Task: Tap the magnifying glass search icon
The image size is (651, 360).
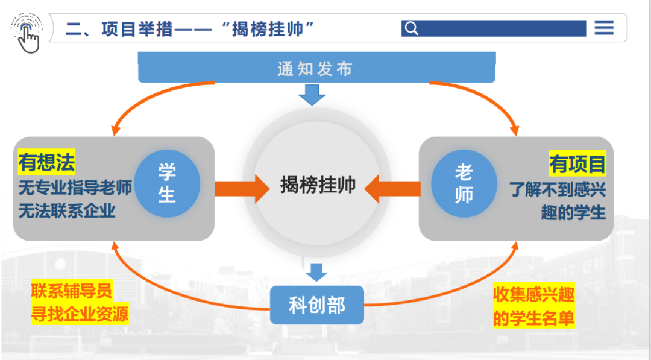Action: pyautogui.click(x=411, y=28)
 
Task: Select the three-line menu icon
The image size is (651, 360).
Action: pyautogui.click(x=603, y=28)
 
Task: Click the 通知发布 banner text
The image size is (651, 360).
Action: pyautogui.click(x=315, y=69)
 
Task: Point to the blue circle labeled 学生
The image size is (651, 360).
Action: pyautogui.click(x=167, y=184)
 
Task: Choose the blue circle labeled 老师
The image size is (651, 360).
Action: pyautogui.click(x=464, y=184)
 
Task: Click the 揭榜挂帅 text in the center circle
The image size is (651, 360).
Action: pyautogui.click(x=318, y=185)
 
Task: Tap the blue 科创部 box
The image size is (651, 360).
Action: pyautogui.click(x=317, y=305)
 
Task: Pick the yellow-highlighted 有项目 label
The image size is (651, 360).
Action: pyautogui.click(x=577, y=164)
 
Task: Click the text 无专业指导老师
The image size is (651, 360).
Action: pyautogui.click(x=75, y=188)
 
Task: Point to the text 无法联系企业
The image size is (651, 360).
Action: pyautogui.click(x=67, y=211)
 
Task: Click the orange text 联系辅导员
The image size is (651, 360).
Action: pyautogui.click(x=72, y=292)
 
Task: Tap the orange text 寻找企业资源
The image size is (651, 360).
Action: pyautogui.click(x=80, y=315)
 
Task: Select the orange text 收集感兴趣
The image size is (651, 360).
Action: pyautogui.click(x=533, y=294)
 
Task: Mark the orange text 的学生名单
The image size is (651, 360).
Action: pyautogui.click(x=533, y=318)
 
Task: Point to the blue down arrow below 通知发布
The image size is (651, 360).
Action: pyautogui.click(x=312, y=95)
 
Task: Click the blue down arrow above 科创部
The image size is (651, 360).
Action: pyautogui.click(x=316, y=272)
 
